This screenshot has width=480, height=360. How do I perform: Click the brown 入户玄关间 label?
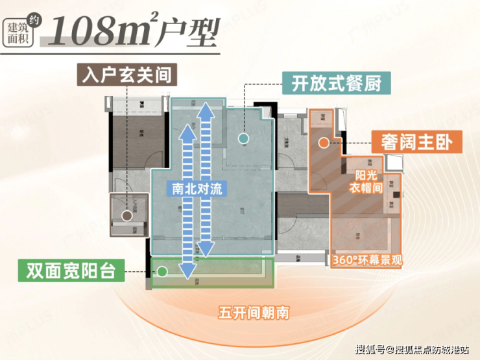pos(126,75)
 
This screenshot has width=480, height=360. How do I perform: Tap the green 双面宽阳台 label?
pos(71,270)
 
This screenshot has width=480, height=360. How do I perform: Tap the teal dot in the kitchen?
pos(243,138)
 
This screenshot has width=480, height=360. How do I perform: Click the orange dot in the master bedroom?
pos(322,143)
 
